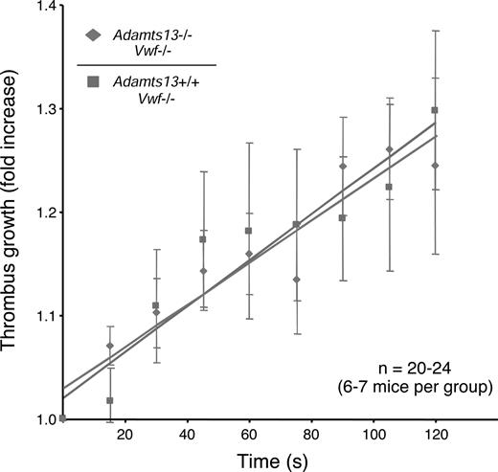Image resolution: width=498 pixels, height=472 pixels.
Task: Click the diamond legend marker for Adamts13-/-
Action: tap(94, 36)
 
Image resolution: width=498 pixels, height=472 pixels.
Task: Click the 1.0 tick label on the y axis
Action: tap(41, 418)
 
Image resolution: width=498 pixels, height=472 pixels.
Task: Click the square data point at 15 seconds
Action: tap(109, 400)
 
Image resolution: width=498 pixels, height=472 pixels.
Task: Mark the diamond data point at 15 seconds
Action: tap(109, 346)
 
